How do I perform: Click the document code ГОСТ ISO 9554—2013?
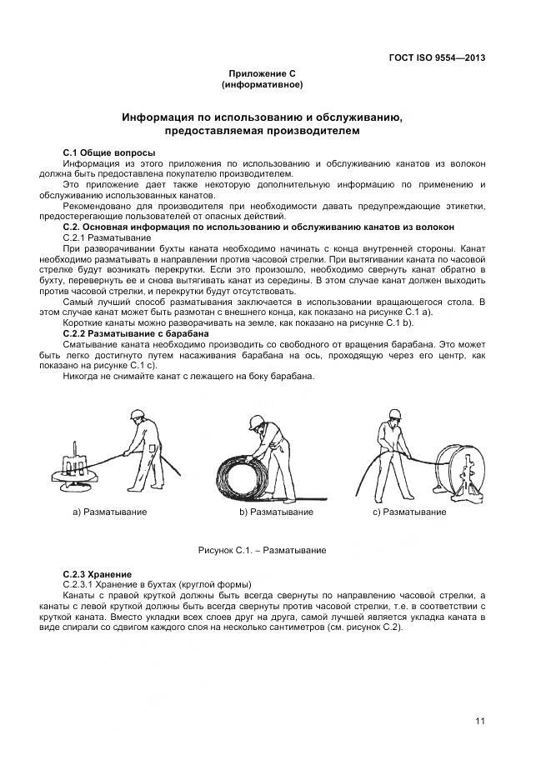tap(437, 57)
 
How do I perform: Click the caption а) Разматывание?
tap(109, 512)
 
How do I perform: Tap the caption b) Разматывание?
tap(276, 512)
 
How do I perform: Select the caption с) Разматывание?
tap(408, 512)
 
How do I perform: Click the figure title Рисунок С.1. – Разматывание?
tap(261, 551)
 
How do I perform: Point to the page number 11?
tap(480, 721)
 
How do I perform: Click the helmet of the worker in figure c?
tap(393, 412)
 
